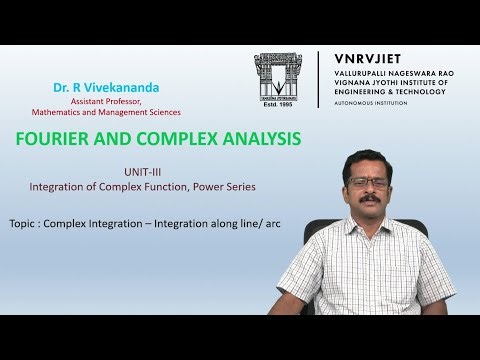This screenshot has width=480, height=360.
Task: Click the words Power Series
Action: click(256, 186)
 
